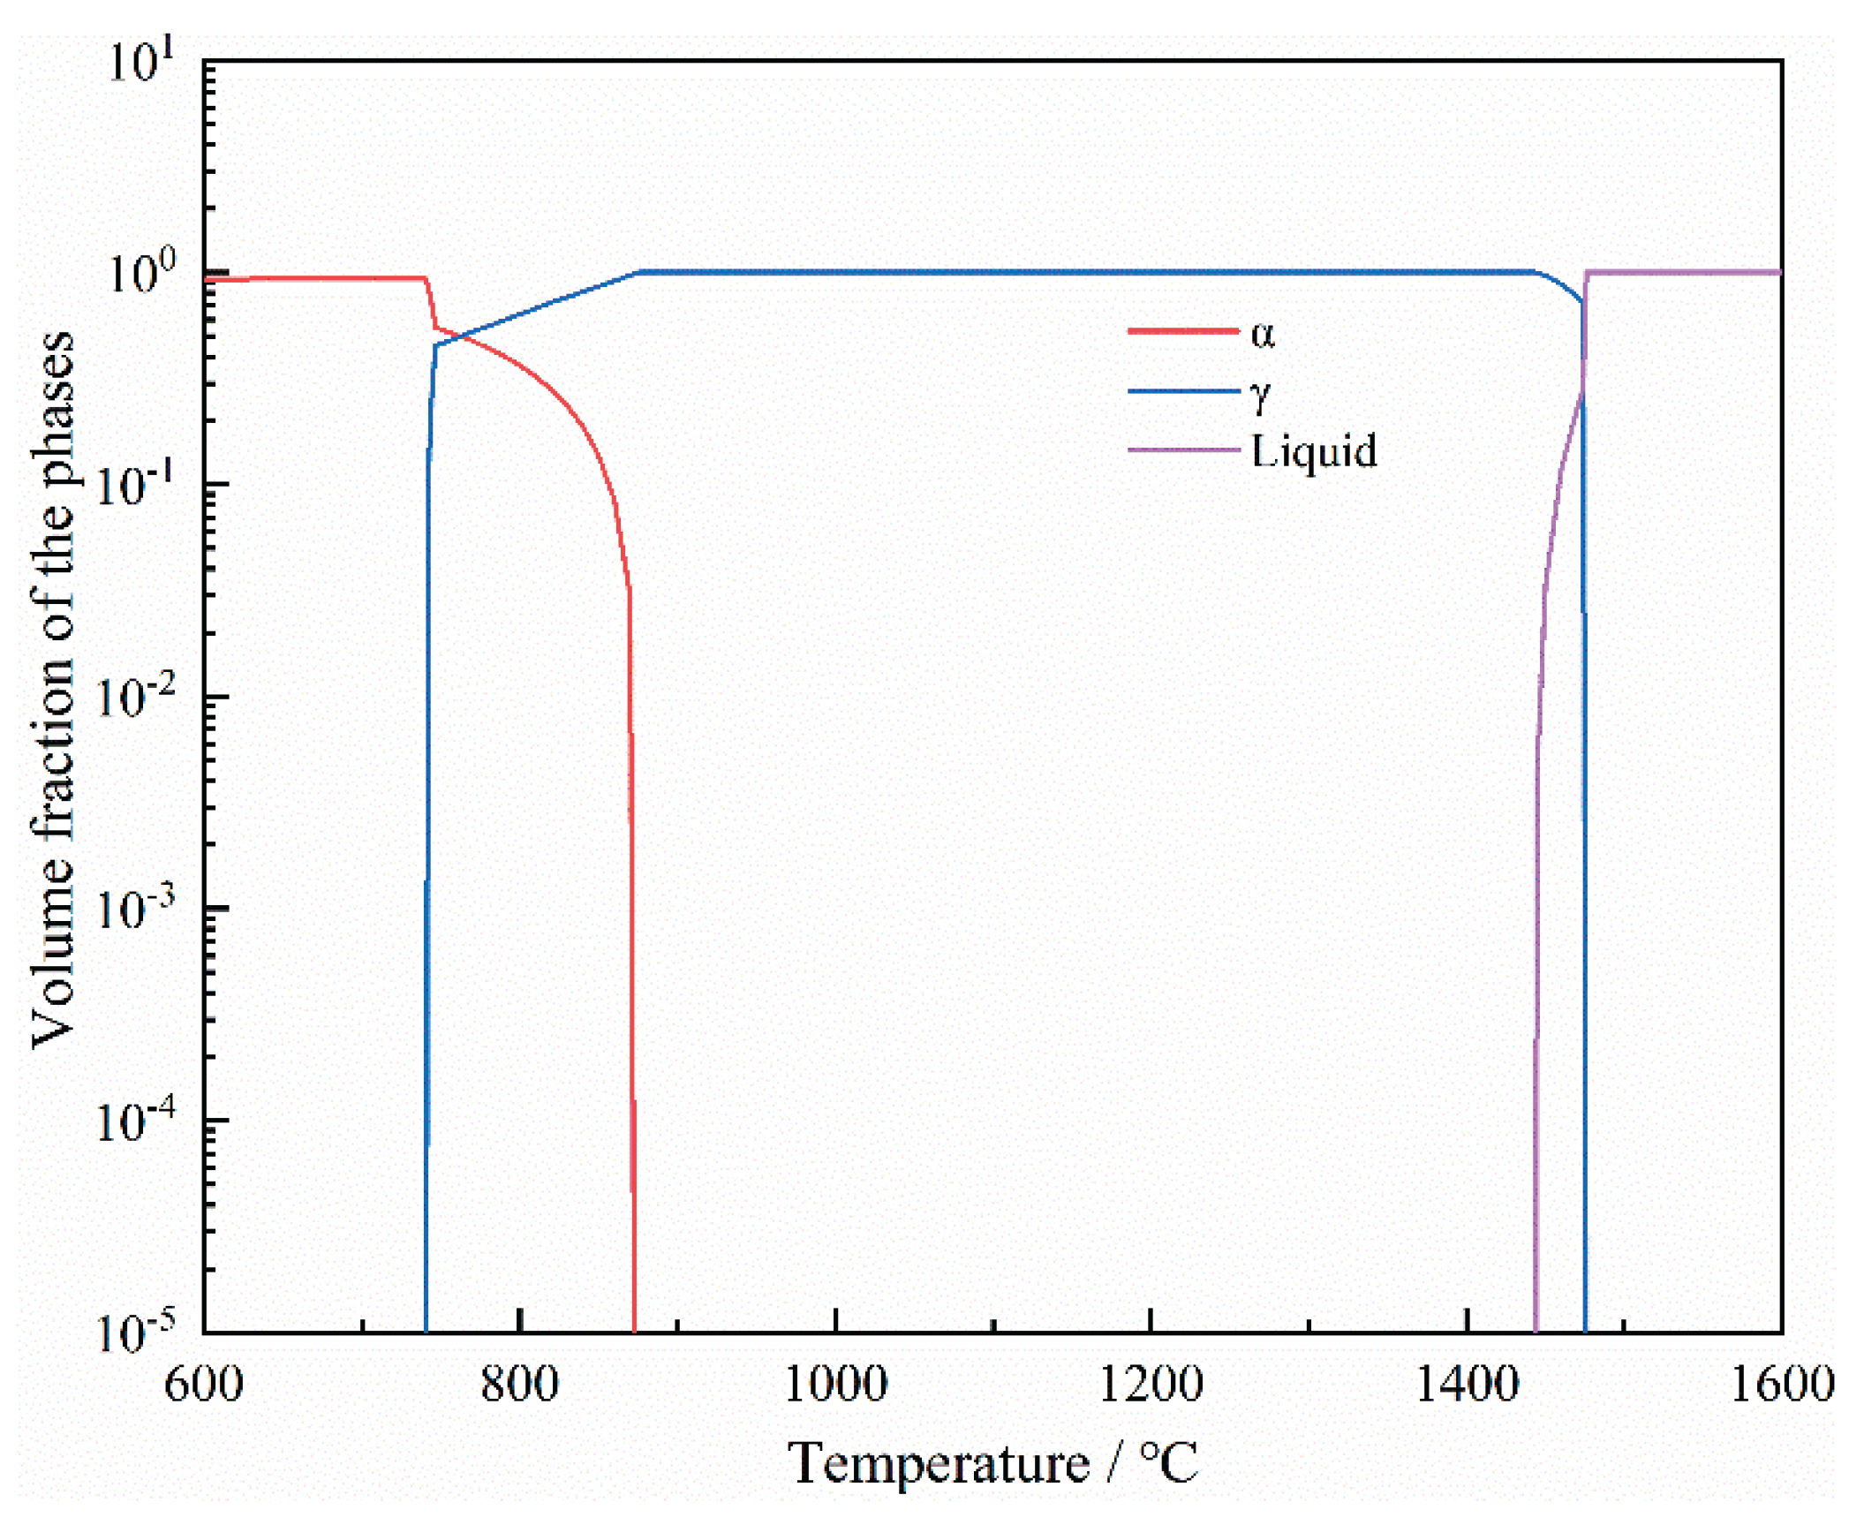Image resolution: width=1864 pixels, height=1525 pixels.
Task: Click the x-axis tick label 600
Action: (x=204, y=1385)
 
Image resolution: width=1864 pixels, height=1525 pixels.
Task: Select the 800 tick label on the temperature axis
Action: (x=519, y=1385)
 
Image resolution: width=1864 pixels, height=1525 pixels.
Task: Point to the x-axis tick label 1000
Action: (x=835, y=1385)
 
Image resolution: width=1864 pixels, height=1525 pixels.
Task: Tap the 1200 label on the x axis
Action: (x=1151, y=1385)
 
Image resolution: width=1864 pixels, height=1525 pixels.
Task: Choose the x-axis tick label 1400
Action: (x=1467, y=1385)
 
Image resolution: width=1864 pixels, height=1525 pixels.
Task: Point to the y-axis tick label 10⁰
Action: (x=141, y=272)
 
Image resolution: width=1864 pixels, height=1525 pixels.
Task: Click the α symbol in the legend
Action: (x=1263, y=334)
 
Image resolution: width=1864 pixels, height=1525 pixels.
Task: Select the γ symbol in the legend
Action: (x=1261, y=396)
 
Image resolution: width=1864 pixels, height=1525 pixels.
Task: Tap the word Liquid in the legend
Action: (x=1314, y=452)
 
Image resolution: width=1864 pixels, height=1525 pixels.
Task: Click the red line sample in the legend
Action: (x=1183, y=331)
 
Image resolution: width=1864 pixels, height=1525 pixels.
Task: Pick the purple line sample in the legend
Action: (x=1183, y=450)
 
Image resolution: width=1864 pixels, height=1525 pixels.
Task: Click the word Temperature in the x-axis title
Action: (x=939, y=1465)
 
